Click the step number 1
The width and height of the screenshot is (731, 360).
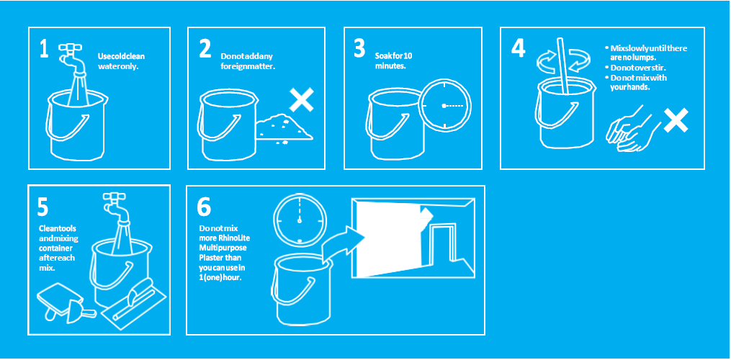(44, 48)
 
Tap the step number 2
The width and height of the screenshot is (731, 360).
(205, 48)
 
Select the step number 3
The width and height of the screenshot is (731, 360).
(359, 48)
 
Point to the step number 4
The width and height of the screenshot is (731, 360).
(518, 48)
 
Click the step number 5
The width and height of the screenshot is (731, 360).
(42, 208)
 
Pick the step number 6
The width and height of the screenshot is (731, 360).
(205, 208)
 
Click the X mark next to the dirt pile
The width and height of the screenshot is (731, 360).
(301, 101)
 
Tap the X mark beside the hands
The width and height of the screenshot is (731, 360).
(676, 120)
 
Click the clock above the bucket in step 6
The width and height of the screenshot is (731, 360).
(300, 219)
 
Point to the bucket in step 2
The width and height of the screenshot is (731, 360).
(228, 125)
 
